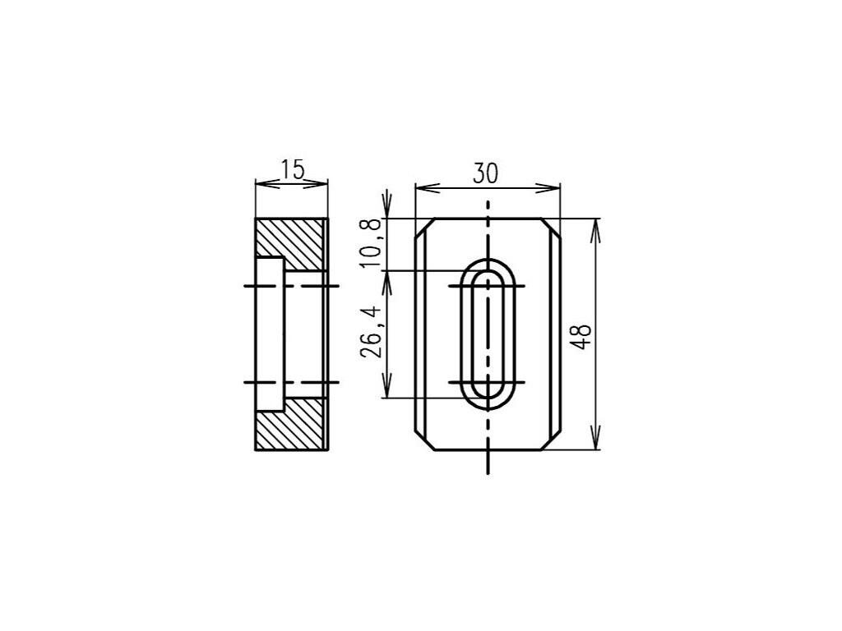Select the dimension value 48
[581, 336]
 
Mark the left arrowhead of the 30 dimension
[428, 188]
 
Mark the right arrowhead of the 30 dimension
[548, 188]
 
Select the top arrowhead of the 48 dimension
[594, 231]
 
